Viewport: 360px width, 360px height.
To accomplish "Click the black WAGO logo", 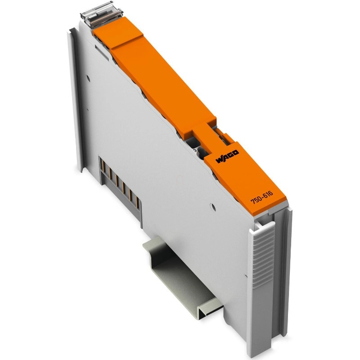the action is click(227, 157).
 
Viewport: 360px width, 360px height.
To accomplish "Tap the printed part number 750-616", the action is click(261, 198).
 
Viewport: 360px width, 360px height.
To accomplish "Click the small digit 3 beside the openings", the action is click(195, 150).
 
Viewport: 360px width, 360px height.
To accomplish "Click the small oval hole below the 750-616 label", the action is click(213, 207).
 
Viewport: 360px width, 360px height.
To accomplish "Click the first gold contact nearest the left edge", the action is click(103, 166).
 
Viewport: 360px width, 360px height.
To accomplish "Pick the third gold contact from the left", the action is click(117, 182).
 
